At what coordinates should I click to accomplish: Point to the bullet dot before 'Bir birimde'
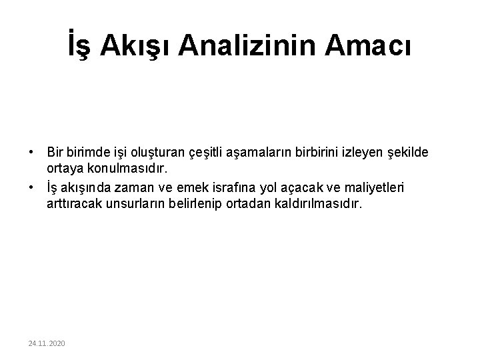tap(31, 153)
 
